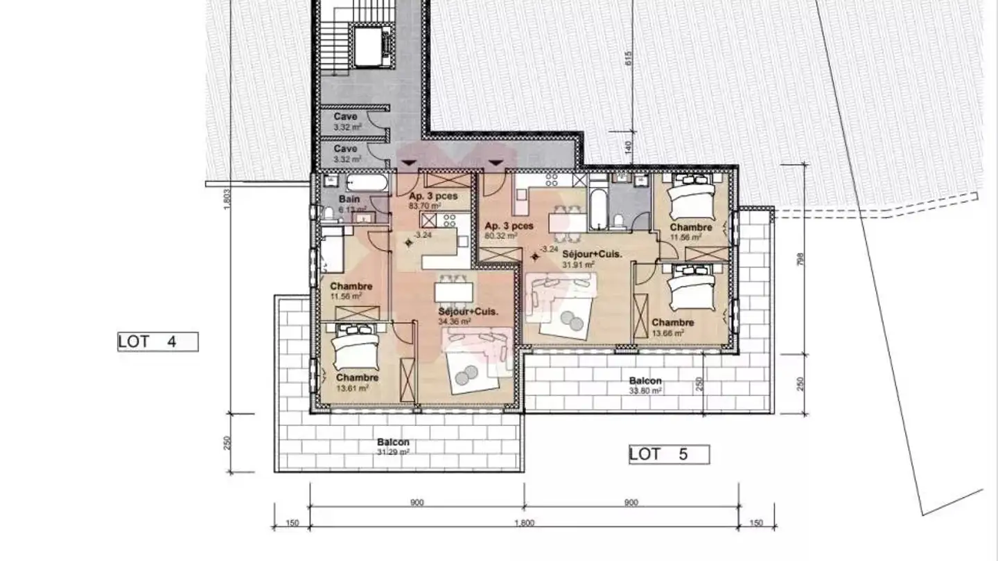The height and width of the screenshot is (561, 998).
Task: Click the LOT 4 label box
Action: coord(157,341)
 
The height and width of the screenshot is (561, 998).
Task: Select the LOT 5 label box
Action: coord(669,455)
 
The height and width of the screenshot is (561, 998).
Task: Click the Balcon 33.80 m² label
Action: coord(645,385)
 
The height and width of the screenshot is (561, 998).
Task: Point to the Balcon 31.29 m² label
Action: coord(393,446)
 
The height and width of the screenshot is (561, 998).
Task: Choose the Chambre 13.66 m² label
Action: coord(672,327)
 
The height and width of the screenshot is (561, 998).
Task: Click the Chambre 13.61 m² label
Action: coord(357,382)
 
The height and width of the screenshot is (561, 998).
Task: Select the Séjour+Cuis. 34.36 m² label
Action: coord(455,316)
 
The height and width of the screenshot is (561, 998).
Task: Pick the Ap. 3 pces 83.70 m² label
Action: coord(432,201)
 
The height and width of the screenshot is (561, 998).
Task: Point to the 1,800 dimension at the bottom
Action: coord(525,524)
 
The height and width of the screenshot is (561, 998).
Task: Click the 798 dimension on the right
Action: coord(801,259)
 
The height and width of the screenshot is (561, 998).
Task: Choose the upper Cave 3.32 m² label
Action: coord(345,121)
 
